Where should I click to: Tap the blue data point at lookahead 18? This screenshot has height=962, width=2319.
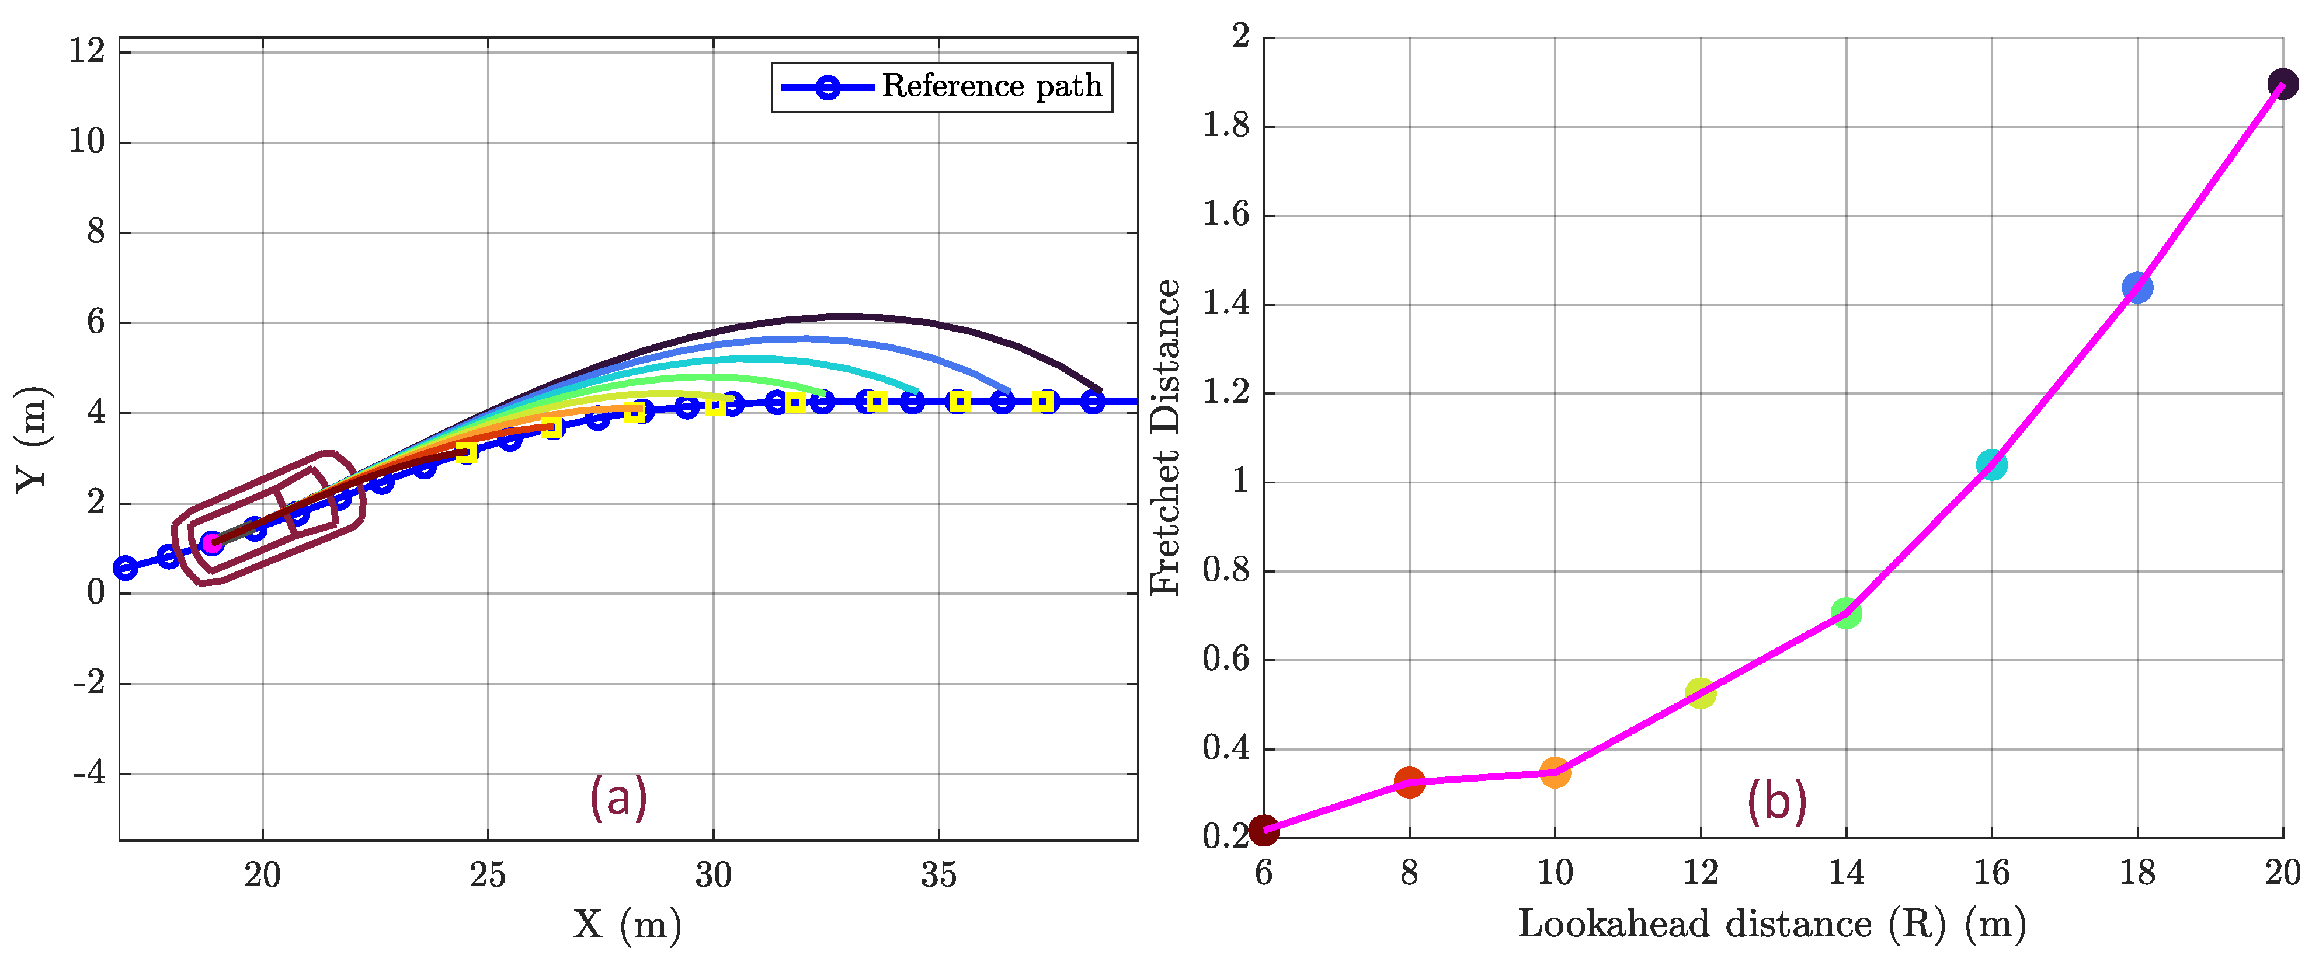pyautogui.click(x=2136, y=288)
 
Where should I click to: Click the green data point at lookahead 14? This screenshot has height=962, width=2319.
pyautogui.click(x=1845, y=614)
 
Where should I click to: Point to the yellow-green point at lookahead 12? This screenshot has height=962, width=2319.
pyautogui.click(x=1699, y=693)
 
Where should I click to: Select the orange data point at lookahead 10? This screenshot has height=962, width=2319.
pyautogui.click(x=1555, y=772)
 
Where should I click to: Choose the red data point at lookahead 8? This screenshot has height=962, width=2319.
pyautogui.click(x=1409, y=782)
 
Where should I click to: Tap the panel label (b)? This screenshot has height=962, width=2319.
pyautogui.click(x=1776, y=800)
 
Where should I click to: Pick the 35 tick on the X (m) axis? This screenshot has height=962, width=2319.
pyautogui.click(x=938, y=874)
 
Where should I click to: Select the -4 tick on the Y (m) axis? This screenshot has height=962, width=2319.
pyautogui.click(x=89, y=774)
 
